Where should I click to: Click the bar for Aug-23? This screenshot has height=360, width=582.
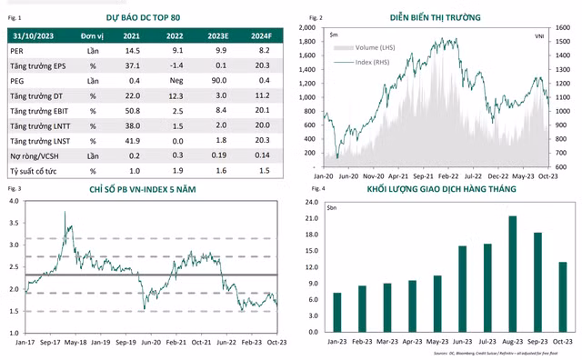point(513,274)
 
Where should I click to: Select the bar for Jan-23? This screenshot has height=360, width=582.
point(337,312)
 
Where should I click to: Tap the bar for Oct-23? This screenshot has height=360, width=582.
point(563,296)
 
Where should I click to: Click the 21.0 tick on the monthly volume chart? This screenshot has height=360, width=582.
point(313,218)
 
